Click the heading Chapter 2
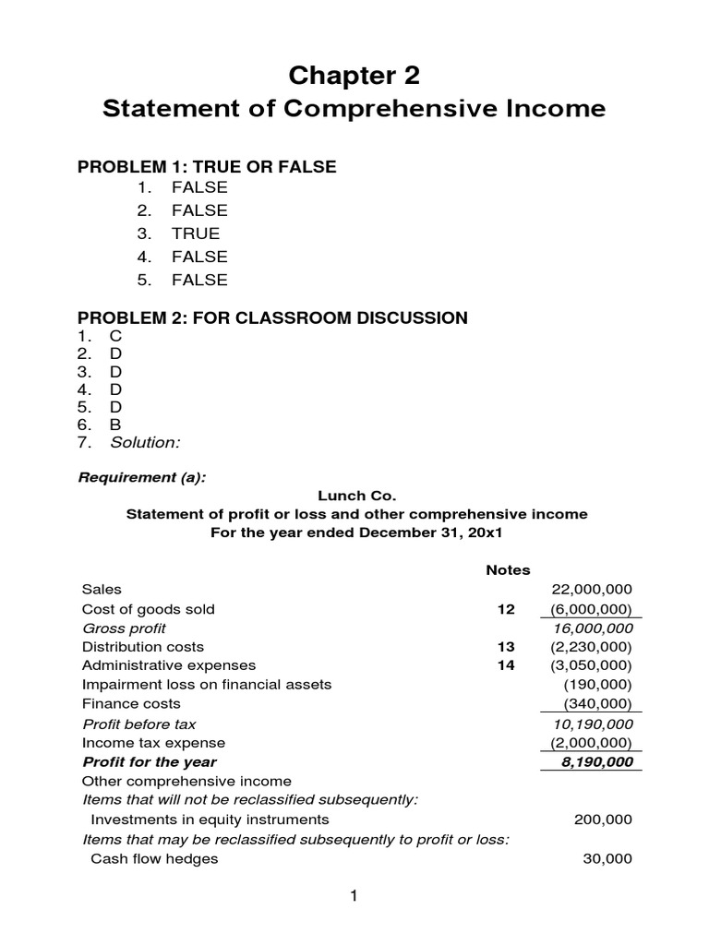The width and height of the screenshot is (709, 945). pyautogui.click(x=354, y=73)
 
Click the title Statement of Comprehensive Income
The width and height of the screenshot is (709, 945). pyautogui.click(x=354, y=109)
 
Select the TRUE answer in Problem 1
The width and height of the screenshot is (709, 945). pyautogui.click(x=195, y=233)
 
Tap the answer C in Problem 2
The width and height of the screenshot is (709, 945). pyautogui.click(x=116, y=337)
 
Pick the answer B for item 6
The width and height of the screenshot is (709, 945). pyautogui.click(x=116, y=425)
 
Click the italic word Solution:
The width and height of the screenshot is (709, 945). pyautogui.click(x=145, y=443)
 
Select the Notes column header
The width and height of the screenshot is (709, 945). pyautogui.click(x=508, y=570)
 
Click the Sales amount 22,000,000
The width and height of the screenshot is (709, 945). pyautogui.click(x=591, y=590)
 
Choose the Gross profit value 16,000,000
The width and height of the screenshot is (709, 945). pyautogui.click(x=592, y=628)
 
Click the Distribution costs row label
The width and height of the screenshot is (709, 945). pyautogui.click(x=143, y=647)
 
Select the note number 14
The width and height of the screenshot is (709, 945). pyautogui.click(x=505, y=665)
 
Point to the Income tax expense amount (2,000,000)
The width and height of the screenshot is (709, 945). pyautogui.click(x=591, y=743)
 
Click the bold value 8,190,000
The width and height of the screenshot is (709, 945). pyautogui.click(x=595, y=762)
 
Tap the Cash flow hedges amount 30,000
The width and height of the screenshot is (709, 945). pyautogui.click(x=607, y=858)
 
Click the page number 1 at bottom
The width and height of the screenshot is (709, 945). pyautogui.click(x=353, y=896)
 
